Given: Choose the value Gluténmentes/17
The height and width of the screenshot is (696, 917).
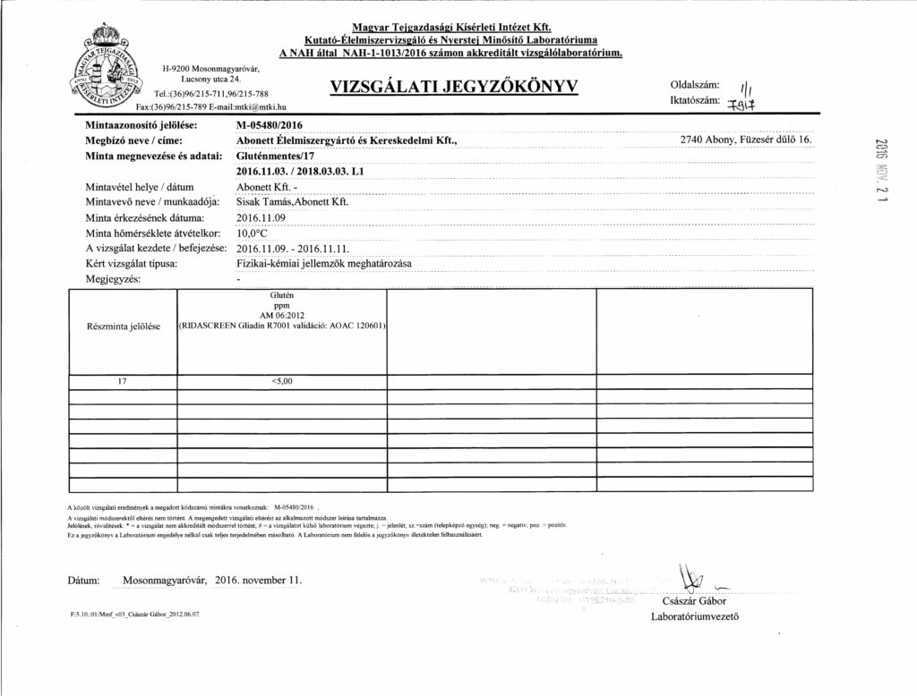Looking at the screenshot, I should tap(276, 156).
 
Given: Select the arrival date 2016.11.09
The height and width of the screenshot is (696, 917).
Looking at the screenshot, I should tap(261, 217).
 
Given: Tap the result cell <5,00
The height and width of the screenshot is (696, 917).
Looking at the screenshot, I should tap(281, 381).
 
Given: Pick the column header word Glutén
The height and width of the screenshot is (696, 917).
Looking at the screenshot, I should tap(281, 295).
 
